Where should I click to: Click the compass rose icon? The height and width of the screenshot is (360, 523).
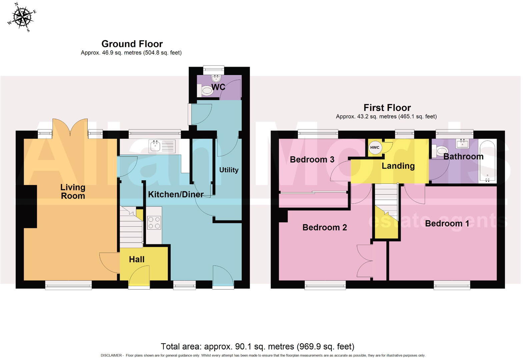pyautogui.click(x=22, y=17)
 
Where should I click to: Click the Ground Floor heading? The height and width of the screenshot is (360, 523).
pyautogui.click(x=132, y=44)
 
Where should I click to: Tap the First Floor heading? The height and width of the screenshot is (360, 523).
pyautogui.click(x=387, y=108)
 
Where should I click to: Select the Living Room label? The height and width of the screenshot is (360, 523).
pyautogui.click(x=73, y=192)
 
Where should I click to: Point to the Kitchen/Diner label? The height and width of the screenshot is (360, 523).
pyautogui.click(x=176, y=194)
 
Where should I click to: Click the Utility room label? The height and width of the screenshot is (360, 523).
pyautogui.click(x=229, y=170)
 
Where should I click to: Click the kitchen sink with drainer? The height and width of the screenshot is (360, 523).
pyautogui.click(x=162, y=146)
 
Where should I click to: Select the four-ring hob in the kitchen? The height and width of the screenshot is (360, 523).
pyautogui.click(x=154, y=223)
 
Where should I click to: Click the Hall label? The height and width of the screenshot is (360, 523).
pyautogui.click(x=137, y=259)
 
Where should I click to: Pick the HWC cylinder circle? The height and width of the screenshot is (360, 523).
pyautogui.click(x=375, y=148)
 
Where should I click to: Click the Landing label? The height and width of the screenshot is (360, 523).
pyautogui.click(x=398, y=166)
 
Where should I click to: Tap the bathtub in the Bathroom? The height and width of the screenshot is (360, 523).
pyautogui.click(x=488, y=161)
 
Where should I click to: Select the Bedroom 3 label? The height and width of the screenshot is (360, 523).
pyautogui.click(x=312, y=160)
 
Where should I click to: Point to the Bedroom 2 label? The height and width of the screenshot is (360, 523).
pyautogui.click(x=324, y=227)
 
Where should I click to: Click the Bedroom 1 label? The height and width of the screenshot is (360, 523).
pyautogui.click(x=447, y=223)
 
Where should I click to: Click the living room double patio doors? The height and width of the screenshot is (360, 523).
pyautogui.click(x=70, y=128)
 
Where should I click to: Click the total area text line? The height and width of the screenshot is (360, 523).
pyautogui.click(x=257, y=347)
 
